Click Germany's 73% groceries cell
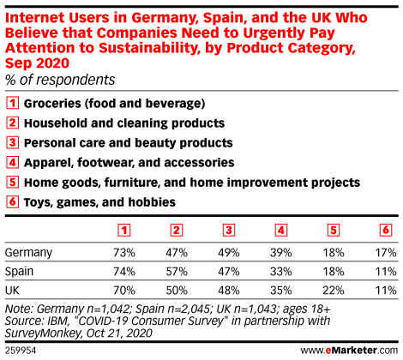pyautogui.click(x=124, y=253)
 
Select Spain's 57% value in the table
pyautogui.click(x=177, y=272)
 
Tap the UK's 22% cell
pyautogui.click(x=334, y=291)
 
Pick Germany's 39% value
pyautogui.click(x=281, y=253)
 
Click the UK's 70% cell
pyautogui.click(x=124, y=291)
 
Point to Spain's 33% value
pyautogui.click(x=281, y=272)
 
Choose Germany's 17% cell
pyautogui.click(x=386, y=253)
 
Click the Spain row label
pyautogui.click(x=19, y=272)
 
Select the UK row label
pyautogui.click(x=12, y=291)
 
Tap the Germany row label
pyautogui.click(x=28, y=253)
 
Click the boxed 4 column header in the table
pyautogui.click(x=281, y=231)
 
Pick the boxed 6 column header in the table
pyautogui.click(x=386, y=231)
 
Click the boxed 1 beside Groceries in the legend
pyautogui.click(x=12, y=103)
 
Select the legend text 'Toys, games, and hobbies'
pyautogui.click(x=99, y=202)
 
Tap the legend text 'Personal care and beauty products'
pyautogui.click(x=129, y=143)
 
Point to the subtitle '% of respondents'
pyautogui.click(x=60, y=80)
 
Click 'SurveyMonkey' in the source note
pyautogui.click(x=43, y=333)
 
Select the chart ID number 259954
pyautogui.click(x=21, y=351)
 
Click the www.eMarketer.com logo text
pyautogui.click(x=349, y=351)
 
